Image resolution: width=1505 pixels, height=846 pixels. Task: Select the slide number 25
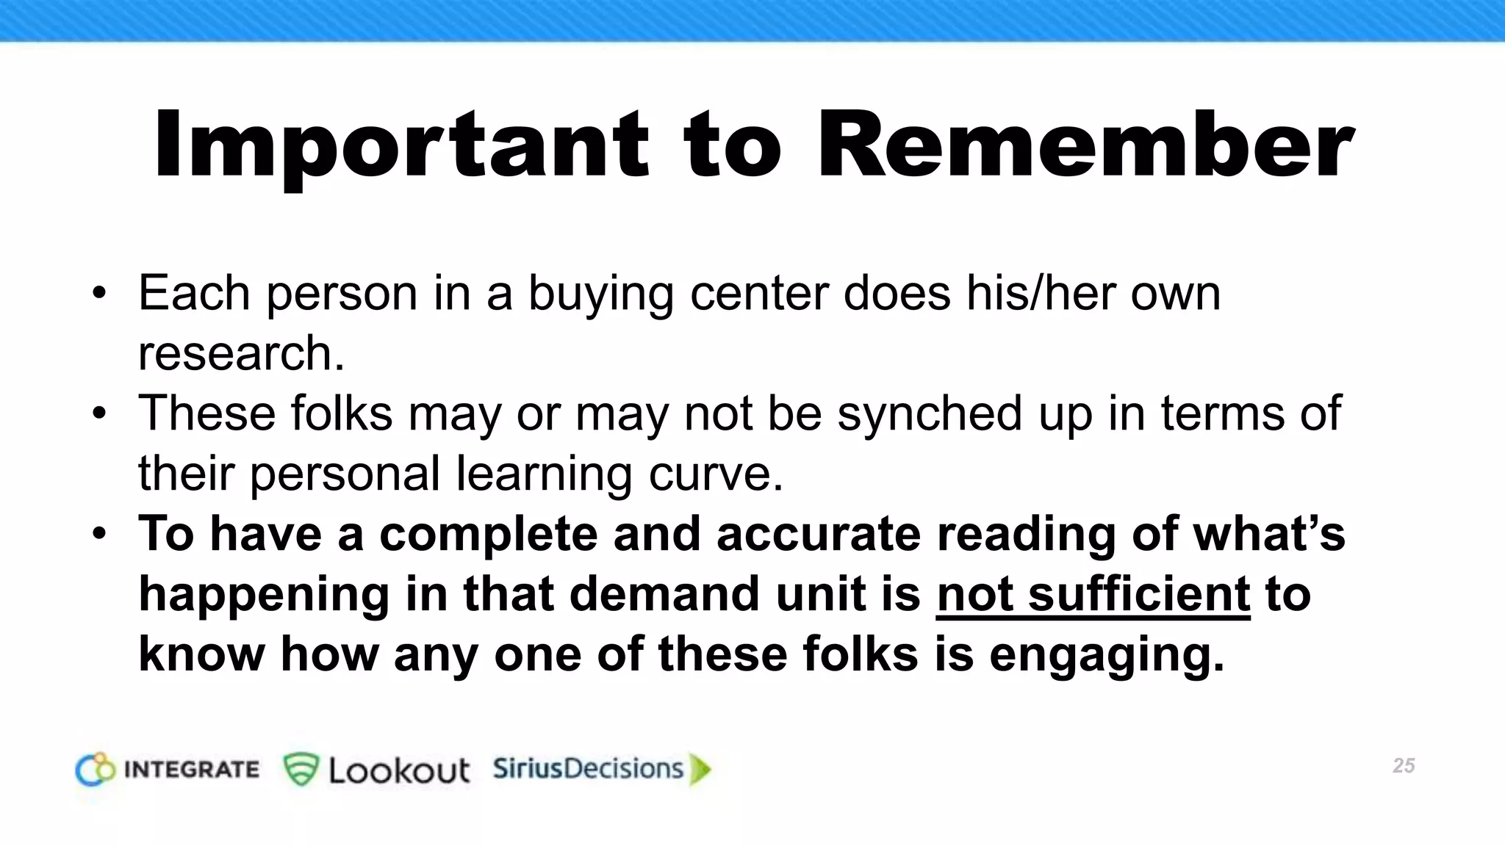pos(1403,766)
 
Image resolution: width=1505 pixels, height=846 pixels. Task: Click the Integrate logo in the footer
pos(168,770)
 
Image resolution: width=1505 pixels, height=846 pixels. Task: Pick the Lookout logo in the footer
pos(376,770)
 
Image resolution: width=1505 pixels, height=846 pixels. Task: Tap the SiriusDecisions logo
pos(601,769)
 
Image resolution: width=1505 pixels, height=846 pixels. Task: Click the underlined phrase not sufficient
pos(1093,593)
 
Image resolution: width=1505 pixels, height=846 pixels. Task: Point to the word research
pos(241,353)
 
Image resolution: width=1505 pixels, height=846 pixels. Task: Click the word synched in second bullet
pos(930,413)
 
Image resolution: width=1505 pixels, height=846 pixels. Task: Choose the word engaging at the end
pos(1107,654)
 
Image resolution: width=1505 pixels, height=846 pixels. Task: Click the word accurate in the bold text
pos(818,533)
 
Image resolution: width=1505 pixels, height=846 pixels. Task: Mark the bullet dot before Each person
pos(99,294)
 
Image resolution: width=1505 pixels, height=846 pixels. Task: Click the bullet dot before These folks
pos(99,414)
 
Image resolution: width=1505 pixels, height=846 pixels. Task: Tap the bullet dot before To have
pos(99,534)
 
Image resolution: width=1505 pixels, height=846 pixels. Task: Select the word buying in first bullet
pos(600,293)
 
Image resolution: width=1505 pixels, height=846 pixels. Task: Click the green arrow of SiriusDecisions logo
pos(700,769)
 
